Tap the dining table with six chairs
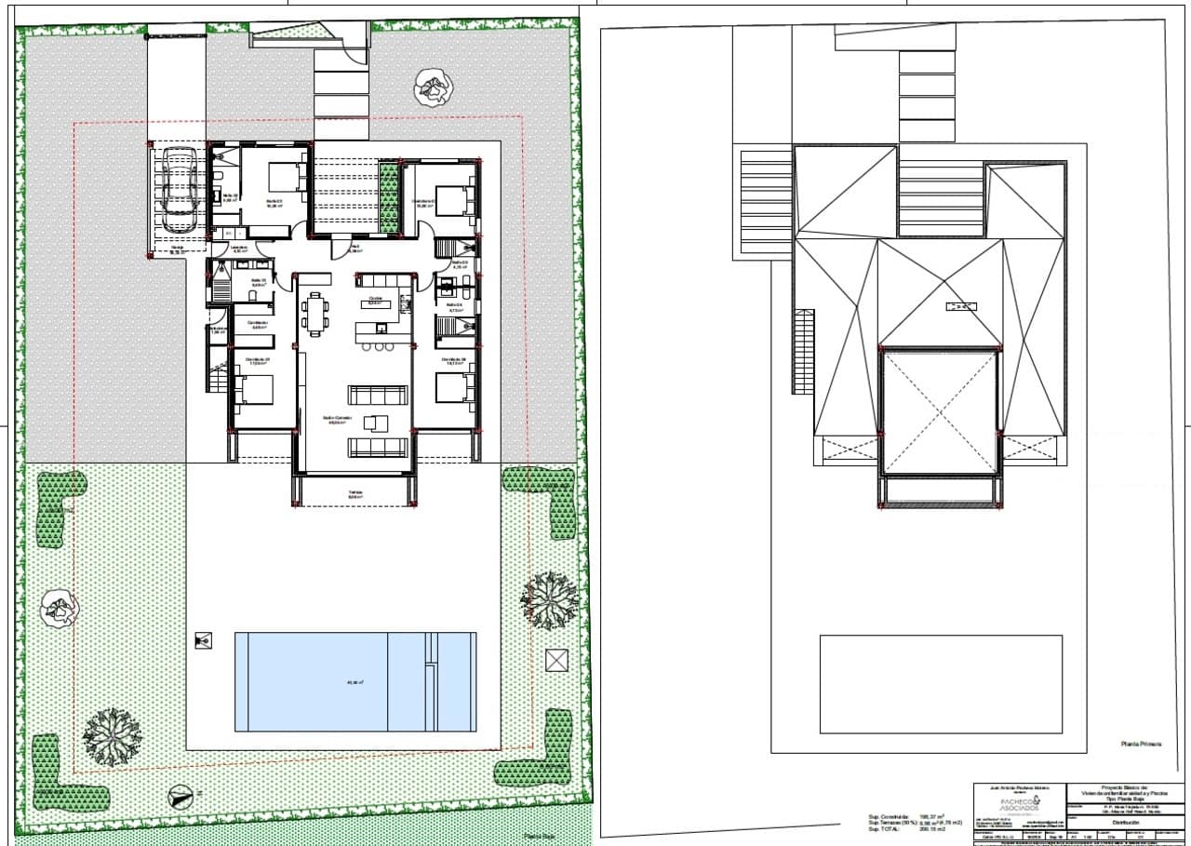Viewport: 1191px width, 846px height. [x=315, y=314]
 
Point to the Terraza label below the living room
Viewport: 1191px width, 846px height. [x=355, y=494]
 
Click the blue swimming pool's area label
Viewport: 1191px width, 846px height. [x=355, y=682]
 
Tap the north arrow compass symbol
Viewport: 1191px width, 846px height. [x=181, y=796]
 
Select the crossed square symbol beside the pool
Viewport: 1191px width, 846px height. [x=556, y=660]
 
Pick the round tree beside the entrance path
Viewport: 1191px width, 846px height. [x=433, y=87]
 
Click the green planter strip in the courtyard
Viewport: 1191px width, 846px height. [x=389, y=198]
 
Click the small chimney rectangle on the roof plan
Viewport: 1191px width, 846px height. [x=960, y=305]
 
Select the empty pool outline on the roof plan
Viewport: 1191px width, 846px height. [x=941, y=684]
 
